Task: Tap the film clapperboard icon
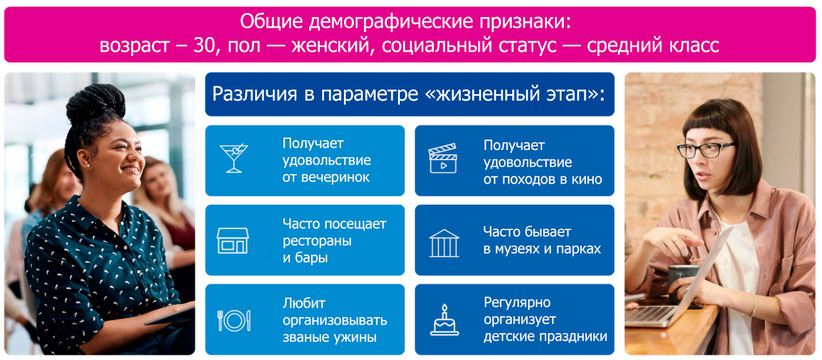coord(443,158)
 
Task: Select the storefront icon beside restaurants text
coord(233,241)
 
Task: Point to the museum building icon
coord(444,244)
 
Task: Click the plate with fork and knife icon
coord(234,321)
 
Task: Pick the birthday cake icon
coord(445,320)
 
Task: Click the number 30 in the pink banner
coord(204,45)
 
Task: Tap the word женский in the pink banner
coord(332,46)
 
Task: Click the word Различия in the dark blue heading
coord(255,94)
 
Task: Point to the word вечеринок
coord(335,178)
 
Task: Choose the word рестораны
coord(317,241)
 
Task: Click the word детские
coord(506,336)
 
